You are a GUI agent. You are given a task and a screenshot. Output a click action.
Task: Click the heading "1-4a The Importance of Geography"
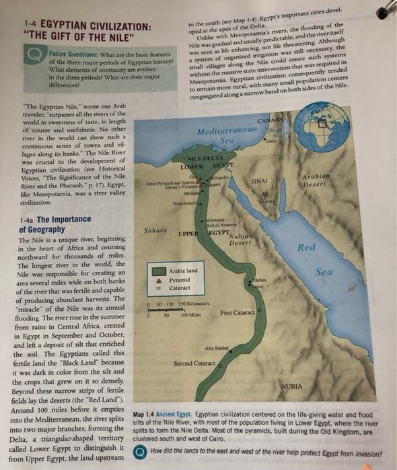point(54,224)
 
